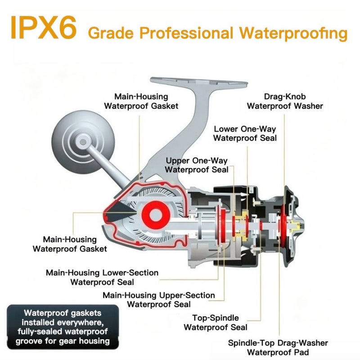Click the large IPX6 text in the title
coord(43,28)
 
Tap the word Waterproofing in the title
coord(293,33)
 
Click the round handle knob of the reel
coord(83,142)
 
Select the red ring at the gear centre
coord(156,215)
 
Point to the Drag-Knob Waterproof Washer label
coord(285,101)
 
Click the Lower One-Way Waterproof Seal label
coord(245,133)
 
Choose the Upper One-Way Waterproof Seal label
coord(197,165)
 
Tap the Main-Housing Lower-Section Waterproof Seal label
coord(102,277)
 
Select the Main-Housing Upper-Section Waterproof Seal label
coord(159,300)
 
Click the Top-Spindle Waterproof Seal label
coord(216,323)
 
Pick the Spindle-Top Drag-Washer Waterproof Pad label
coord(278,347)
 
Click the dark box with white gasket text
coord(63,327)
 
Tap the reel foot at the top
coord(199,83)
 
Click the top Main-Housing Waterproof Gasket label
coord(141,101)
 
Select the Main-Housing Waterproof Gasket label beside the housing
coord(70,244)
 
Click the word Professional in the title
coord(186,33)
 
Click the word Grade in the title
coord(111,33)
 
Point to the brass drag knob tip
coord(296,225)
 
